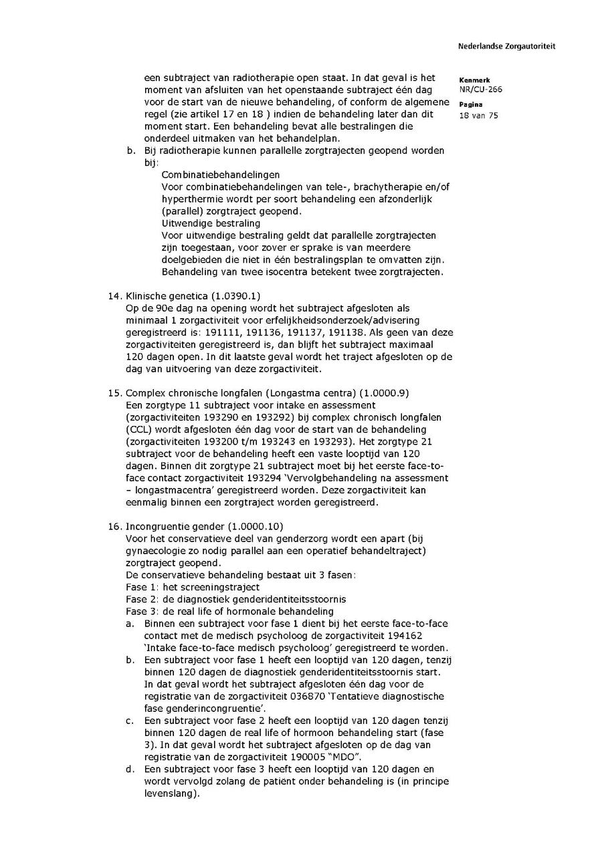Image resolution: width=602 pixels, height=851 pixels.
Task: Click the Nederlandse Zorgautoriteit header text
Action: [506, 47]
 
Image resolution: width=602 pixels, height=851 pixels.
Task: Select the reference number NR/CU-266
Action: [480, 89]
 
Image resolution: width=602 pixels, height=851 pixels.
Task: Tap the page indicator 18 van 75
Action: [479, 115]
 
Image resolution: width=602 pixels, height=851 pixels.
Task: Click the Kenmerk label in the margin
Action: [474, 80]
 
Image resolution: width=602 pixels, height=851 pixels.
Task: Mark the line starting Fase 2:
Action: [236, 599]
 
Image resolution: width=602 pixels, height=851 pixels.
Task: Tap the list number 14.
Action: [114, 295]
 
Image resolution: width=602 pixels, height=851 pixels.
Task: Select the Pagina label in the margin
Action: [471, 105]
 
